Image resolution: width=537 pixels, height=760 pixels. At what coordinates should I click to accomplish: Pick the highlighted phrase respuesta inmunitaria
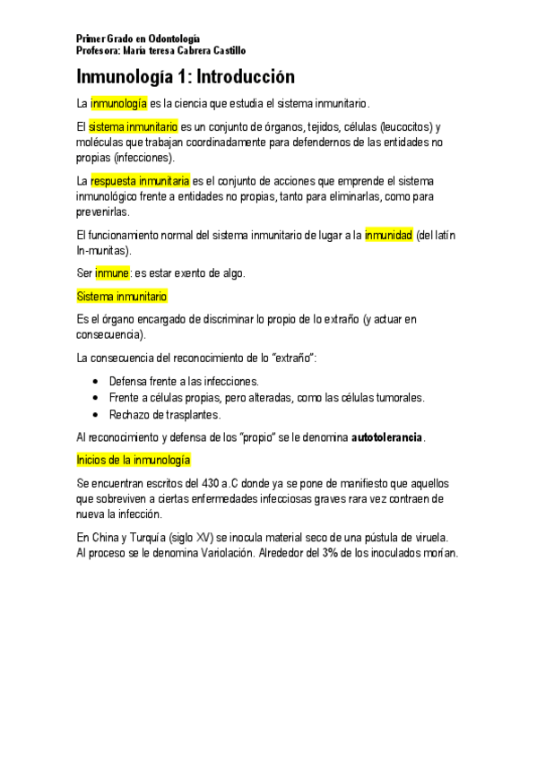pos(140,181)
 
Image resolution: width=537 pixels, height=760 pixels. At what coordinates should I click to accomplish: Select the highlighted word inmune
pos(113,273)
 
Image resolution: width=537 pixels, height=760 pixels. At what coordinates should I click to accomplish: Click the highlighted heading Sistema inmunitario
pos(122,296)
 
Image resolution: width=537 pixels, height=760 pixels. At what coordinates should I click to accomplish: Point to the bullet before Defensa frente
pos(96,382)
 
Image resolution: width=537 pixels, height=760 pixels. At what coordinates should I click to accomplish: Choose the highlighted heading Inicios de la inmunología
pos(134,460)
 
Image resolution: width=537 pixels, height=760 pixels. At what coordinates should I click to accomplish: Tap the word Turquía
pos(157,537)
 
